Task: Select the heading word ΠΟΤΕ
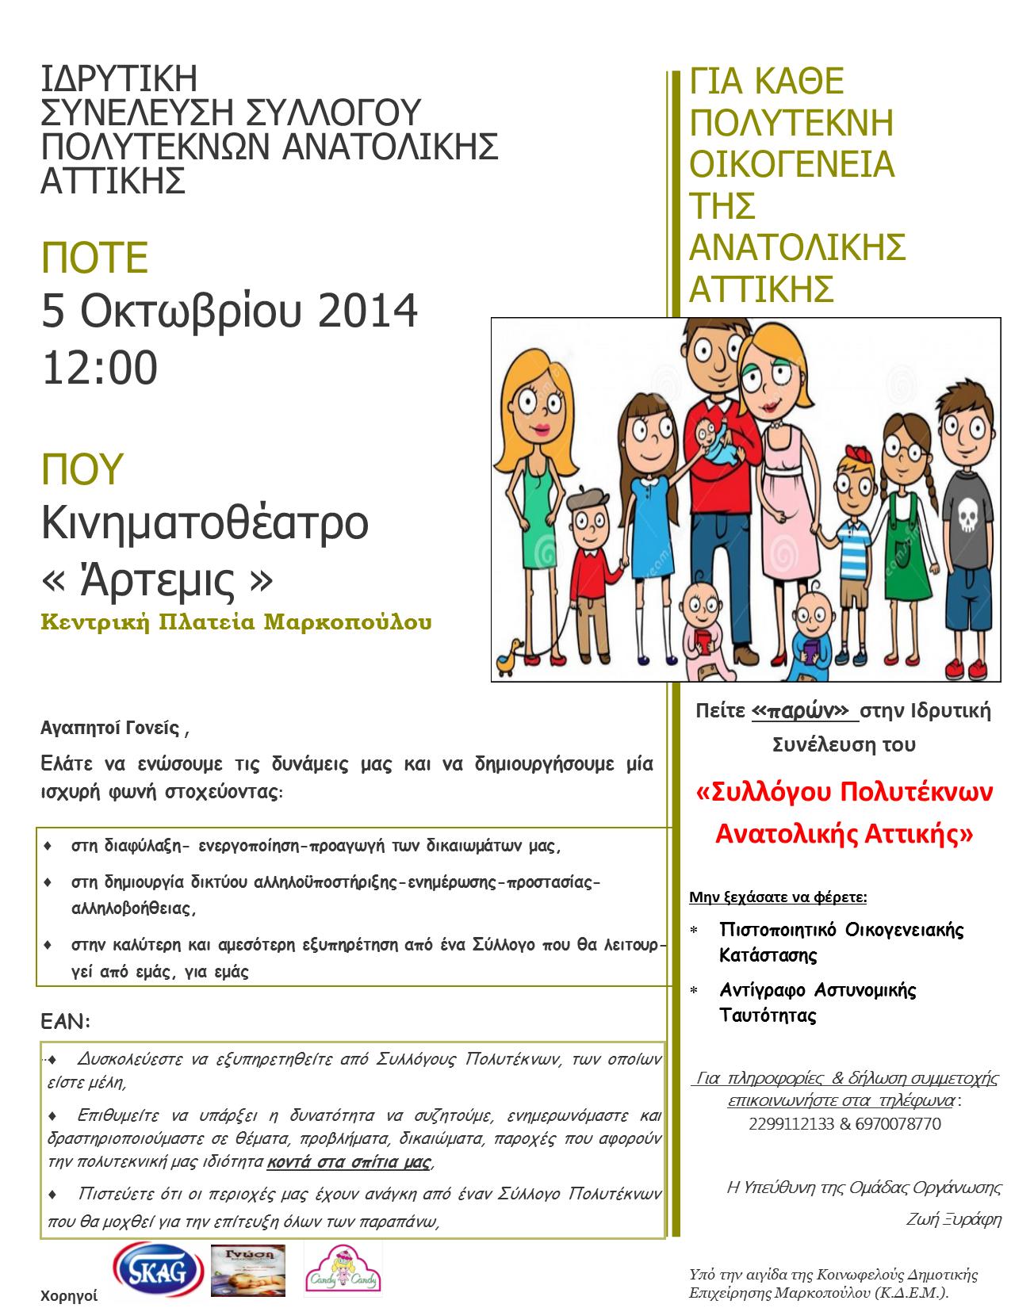click(95, 258)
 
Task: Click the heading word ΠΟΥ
click(82, 469)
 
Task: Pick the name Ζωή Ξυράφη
click(953, 1219)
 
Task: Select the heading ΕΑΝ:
click(66, 1022)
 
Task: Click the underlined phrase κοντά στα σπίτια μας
click(350, 1162)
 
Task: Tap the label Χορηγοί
click(69, 1296)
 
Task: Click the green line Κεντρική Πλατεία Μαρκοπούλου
click(236, 621)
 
